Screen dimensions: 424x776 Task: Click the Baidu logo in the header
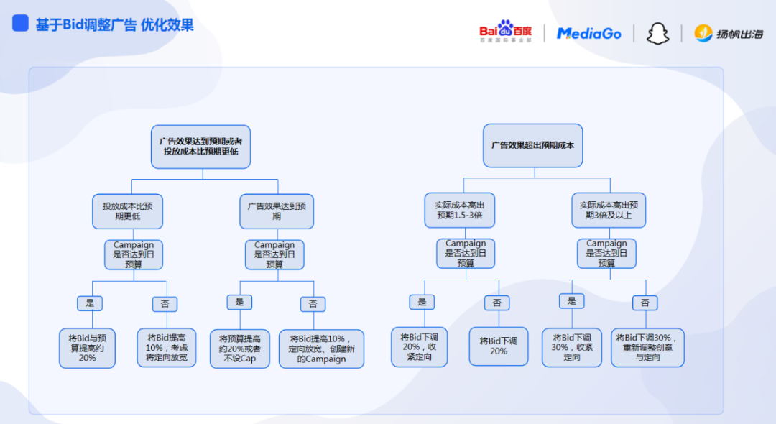tap(506, 32)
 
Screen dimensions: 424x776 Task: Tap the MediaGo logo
tap(588, 33)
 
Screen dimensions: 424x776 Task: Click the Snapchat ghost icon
tap(657, 34)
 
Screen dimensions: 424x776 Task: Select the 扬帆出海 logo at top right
tap(729, 33)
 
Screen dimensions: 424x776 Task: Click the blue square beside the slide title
tap(21, 24)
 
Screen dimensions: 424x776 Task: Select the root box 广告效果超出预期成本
tap(532, 145)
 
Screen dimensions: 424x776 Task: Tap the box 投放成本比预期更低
tap(127, 211)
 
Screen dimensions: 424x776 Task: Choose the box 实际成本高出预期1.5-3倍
tap(460, 210)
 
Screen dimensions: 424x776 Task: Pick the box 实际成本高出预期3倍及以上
tap(609, 210)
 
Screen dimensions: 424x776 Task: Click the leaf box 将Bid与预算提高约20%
tap(87, 348)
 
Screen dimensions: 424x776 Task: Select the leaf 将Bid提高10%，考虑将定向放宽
tap(167, 347)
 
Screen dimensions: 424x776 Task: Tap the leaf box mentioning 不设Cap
tap(239, 349)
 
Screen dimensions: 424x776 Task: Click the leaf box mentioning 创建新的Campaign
tap(321, 349)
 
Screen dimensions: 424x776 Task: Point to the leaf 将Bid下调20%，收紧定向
tap(419, 347)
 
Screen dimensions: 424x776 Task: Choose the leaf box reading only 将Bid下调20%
tap(498, 346)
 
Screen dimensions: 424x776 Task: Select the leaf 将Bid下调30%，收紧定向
tap(572, 347)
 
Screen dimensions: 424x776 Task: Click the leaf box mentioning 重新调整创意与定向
tap(647, 347)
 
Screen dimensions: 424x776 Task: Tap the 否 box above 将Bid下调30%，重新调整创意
tap(645, 303)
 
